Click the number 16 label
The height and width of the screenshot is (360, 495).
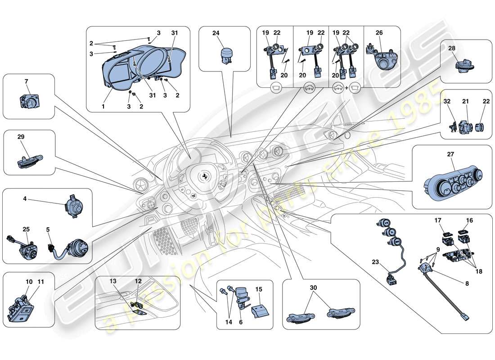[469, 220]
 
